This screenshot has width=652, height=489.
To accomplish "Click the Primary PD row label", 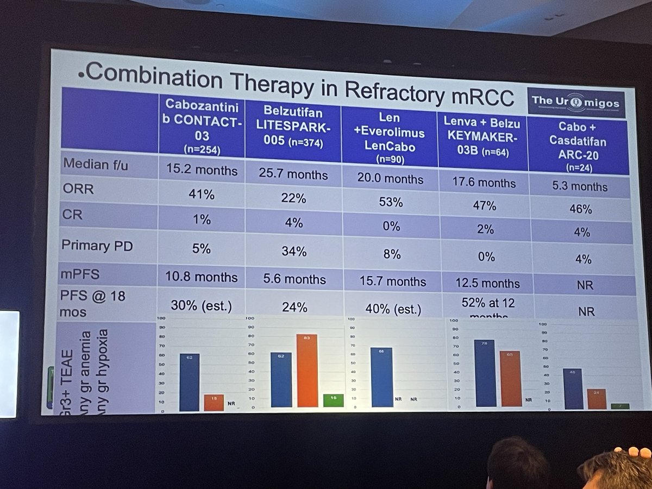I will pos(97,245).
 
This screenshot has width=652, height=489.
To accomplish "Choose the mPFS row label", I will pos(81,274).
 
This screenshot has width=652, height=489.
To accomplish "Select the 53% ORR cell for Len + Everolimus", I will pos(390,202).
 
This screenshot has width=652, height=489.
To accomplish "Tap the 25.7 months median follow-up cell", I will pos(294,174).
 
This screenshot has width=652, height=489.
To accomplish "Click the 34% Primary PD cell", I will pos(293,251).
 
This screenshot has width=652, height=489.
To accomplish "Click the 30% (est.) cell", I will pos(202,306).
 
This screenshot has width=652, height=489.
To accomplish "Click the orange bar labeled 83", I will pos(307,371).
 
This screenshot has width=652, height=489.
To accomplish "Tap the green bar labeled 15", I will pos(333,400).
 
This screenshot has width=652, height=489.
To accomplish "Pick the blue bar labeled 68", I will pos(381,377).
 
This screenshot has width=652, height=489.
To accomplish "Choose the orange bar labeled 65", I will pos(510,379).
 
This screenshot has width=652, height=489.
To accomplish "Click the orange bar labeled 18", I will pos(214,403).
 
